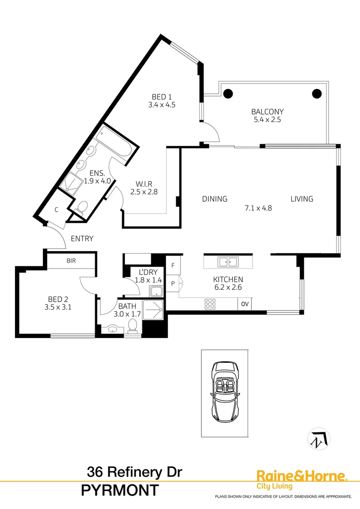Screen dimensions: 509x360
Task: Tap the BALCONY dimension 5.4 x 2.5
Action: pyautogui.click(x=267, y=120)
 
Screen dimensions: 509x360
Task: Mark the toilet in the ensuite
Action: pyautogui.click(x=82, y=207)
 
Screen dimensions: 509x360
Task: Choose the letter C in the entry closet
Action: pyautogui.click(x=56, y=210)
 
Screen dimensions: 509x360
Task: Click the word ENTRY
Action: pyautogui.click(x=82, y=238)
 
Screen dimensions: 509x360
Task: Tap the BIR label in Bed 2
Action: pyautogui.click(x=71, y=260)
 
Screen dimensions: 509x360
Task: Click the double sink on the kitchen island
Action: pyautogui.click(x=228, y=262)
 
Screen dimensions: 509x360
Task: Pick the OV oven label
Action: pyautogui.click(x=245, y=304)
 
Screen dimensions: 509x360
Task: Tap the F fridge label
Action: pyautogui.click(x=173, y=265)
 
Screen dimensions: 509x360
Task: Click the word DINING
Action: pyautogui.click(x=215, y=199)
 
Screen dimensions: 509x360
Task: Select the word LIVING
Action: pyautogui.click(x=302, y=199)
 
